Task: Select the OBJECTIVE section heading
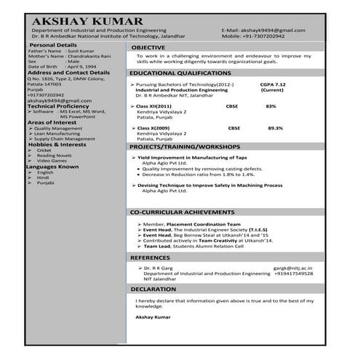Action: tap(151, 47)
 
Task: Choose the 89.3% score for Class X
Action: tap(275, 128)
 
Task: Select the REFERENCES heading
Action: tap(151, 257)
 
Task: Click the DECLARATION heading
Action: tap(153, 289)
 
